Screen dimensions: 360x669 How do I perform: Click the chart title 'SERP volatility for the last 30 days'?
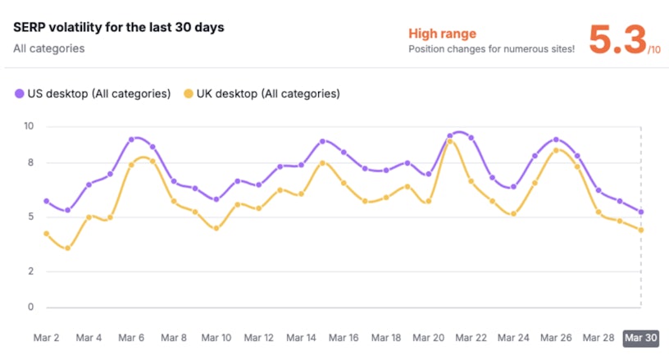[119, 27]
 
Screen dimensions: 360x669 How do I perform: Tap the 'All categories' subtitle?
[48, 48]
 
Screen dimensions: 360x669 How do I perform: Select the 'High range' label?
[443, 34]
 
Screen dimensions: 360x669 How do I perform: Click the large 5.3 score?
[617, 39]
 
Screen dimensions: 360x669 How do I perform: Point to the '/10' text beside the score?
[653, 50]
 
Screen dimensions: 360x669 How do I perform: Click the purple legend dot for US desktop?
[20, 93]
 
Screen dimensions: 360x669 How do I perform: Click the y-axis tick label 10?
[29, 126]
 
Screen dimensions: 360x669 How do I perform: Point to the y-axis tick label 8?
[30, 162]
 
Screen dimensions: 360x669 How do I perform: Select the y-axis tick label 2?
[30, 271]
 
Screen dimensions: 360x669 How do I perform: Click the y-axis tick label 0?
[30, 308]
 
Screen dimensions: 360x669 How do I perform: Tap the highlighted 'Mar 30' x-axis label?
[640, 338]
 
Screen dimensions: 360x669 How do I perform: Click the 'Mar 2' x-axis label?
[46, 338]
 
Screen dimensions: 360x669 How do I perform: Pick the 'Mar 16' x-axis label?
[343, 338]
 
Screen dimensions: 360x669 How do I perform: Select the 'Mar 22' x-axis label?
[471, 338]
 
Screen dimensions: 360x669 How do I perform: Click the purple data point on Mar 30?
[640, 212]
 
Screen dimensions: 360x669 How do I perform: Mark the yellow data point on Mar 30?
[640, 230]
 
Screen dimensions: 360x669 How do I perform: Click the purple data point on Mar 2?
[46, 201]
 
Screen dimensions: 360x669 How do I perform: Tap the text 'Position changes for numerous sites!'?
[491, 49]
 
